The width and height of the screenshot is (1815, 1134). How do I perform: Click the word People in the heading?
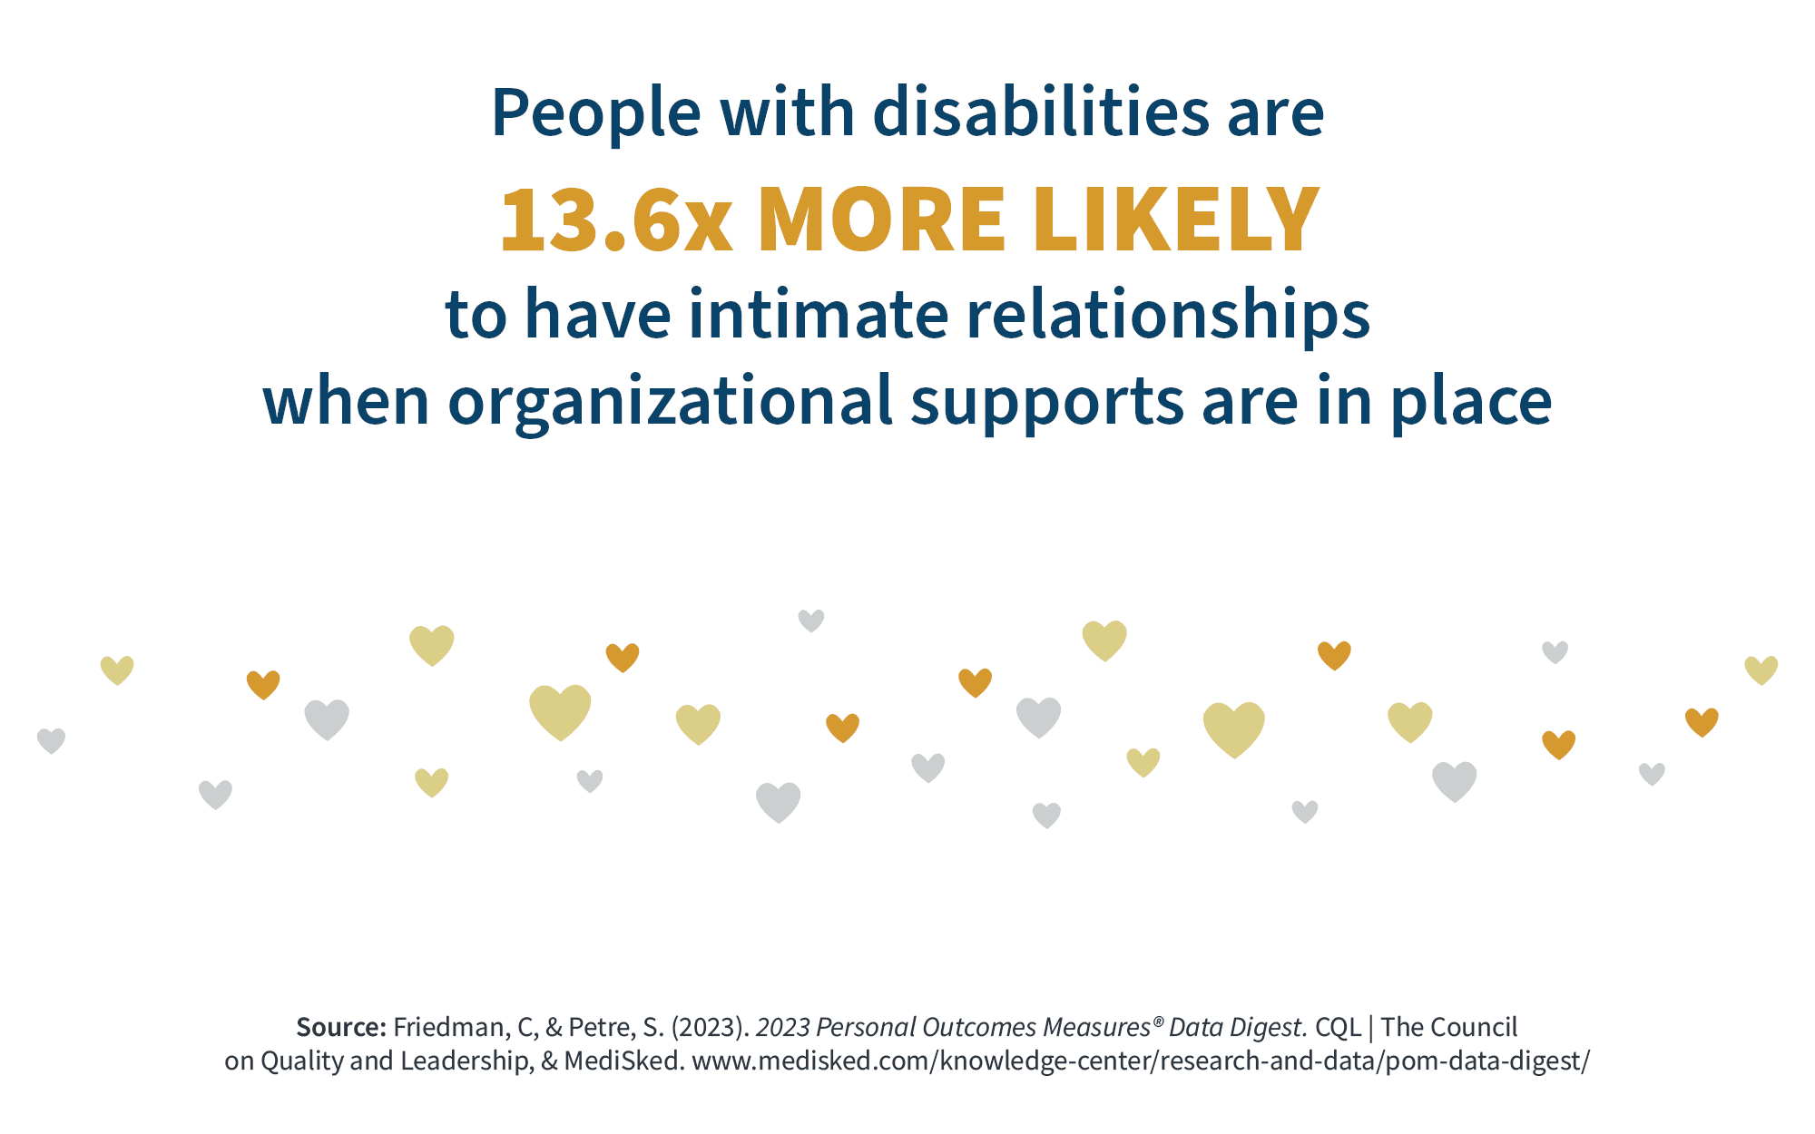click(x=595, y=113)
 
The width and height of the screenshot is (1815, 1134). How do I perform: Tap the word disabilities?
click(x=1040, y=113)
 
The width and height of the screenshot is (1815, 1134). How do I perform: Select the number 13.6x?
click(x=615, y=220)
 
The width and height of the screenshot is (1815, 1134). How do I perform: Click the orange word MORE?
click(x=880, y=220)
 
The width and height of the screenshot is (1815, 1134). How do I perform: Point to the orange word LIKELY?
click(x=1175, y=220)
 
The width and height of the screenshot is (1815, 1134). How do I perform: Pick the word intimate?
click(x=817, y=315)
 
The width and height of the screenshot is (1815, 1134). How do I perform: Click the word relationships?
click(x=1168, y=315)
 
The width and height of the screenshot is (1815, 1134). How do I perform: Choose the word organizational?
click(x=670, y=402)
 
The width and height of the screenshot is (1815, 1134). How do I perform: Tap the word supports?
click(x=1047, y=402)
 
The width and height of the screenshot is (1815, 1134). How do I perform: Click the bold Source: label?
click(x=341, y=1027)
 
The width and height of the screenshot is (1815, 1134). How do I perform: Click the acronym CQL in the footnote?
click(x=1338, y=1027)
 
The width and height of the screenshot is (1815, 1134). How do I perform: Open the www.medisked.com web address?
click(x=1141, y=1061)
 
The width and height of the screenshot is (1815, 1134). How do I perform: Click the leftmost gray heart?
click(x=51, y=740)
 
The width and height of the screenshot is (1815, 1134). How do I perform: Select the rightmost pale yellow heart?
click(x=1761, y=670)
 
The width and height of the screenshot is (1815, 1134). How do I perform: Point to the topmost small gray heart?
click(x=810, y=621)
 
